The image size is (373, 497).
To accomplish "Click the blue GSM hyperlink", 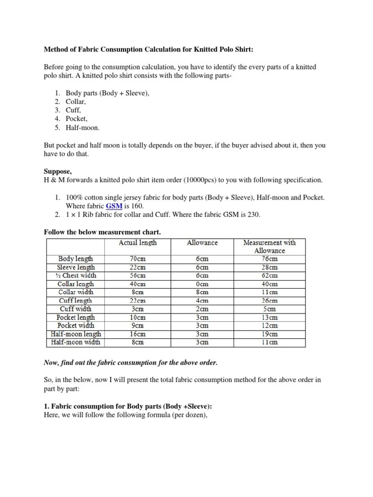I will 113,206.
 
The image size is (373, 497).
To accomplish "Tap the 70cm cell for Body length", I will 137,259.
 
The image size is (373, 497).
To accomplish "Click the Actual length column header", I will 137,242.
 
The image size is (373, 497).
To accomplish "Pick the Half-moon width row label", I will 76,342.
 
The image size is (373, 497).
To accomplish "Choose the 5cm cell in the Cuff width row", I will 269,309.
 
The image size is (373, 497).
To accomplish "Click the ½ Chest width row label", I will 76,275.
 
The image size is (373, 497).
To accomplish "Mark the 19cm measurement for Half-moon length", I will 269,334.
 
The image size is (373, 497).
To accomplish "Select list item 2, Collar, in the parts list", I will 76,101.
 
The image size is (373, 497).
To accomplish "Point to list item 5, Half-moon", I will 83,128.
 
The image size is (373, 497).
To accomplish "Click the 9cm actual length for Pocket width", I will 137,326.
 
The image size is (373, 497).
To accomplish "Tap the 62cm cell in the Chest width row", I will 269,275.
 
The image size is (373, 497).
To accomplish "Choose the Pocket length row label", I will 76,317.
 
